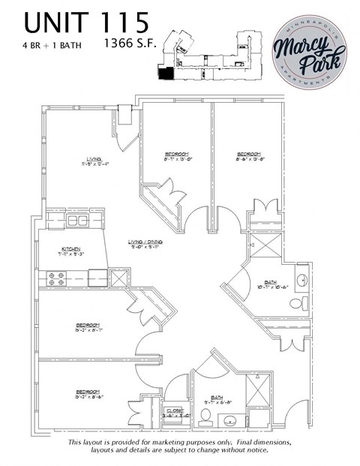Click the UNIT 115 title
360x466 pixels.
[x=80, y=23]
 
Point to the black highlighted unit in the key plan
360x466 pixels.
[x=163, y=72]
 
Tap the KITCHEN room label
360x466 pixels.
[x=72, y=251]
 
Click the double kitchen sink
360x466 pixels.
[x=76, y=221]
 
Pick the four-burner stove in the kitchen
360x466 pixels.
[x=56, y=278]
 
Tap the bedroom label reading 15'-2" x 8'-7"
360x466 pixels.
[x=88, y=328]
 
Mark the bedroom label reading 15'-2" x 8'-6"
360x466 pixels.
[x=88, y=393]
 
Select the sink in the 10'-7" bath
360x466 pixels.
[x=302, y=279]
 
